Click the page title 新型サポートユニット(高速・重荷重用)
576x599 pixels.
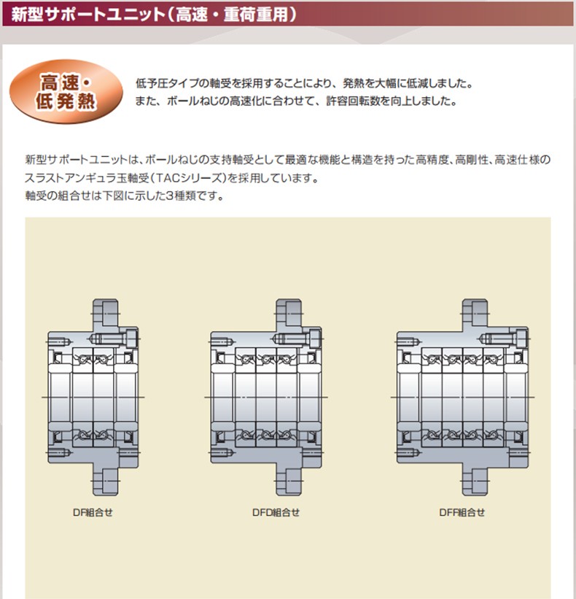(x=153, y=15)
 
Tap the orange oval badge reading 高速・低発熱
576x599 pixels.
(x=66, y=92)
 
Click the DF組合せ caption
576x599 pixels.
(x=93, y=512)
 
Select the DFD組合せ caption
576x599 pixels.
(x=276, y=512)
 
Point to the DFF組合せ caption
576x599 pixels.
(x=462, y=512)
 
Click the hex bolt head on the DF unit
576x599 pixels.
(x=132, y=339)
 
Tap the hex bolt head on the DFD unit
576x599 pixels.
(x=315, y=339)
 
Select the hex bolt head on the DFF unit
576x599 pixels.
(x=522, y=339)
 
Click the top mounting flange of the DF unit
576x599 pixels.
(x=105, y=313)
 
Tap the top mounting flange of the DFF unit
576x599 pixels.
(x=475, y=313)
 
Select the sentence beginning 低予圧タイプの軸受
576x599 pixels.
(x=304, y=83)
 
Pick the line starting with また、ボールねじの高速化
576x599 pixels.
(x=296, y=101)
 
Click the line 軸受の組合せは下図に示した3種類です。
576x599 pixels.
(x=125, y=196)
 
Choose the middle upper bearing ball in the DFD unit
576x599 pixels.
(x=266, y=360)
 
